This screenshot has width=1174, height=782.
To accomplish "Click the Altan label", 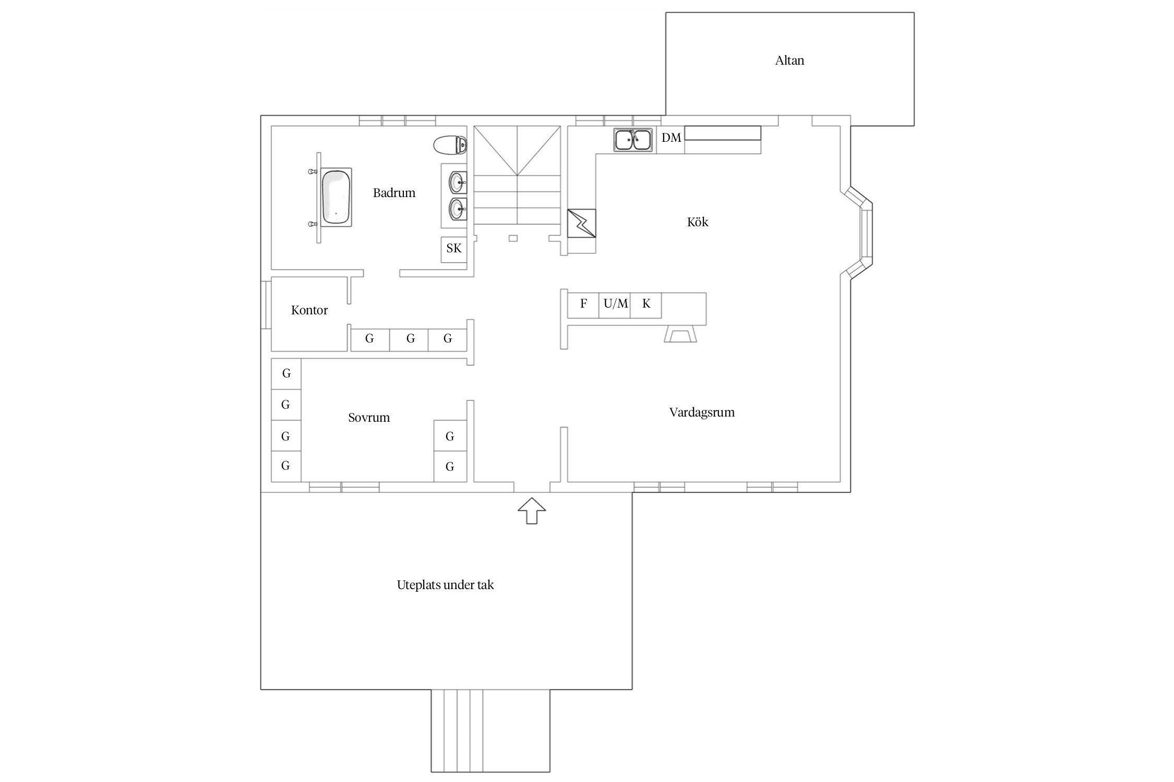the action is coord(789,60).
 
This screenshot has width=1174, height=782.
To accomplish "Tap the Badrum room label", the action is coord(394,193).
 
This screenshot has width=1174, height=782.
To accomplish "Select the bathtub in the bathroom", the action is coord(336,197).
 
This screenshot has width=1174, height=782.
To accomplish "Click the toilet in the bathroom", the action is coord(450,145).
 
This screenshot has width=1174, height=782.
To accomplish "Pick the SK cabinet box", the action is coord(454,250).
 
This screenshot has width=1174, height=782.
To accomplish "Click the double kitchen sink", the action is coord(633,140).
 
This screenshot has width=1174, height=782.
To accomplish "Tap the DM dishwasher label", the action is coord(671,138).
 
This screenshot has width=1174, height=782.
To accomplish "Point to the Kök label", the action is coord(698,222).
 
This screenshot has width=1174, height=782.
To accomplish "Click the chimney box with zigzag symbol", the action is coord(581,223).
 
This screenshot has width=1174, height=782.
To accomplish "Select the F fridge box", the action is coord(583,306).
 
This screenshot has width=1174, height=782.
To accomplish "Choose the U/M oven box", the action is coord(615,306).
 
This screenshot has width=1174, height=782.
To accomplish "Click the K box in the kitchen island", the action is coord(646,306).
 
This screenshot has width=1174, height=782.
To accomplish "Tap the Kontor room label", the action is coord(309,310).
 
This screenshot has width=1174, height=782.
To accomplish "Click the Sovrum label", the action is coord(369,418).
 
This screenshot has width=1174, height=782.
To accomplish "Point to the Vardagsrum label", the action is coord(702,412).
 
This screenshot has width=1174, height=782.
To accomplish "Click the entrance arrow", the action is coord(532,511).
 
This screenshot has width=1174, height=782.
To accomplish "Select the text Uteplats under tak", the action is coord(445,585).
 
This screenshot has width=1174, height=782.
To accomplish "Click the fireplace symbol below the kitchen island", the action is coord(680,334).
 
